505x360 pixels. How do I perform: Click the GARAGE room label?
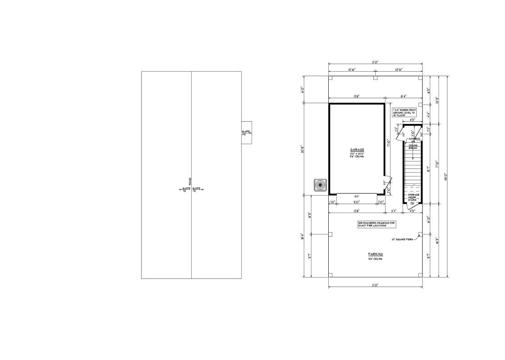pos(357,150)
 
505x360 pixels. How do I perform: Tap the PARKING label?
pos(375,255)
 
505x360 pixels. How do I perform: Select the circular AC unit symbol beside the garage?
pos(321,185)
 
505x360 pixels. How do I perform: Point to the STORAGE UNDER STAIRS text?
pos(413,197)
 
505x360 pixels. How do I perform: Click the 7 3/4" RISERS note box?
pos(404,113)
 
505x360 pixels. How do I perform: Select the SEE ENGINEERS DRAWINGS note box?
pos(376,224)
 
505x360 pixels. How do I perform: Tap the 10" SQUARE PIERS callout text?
pos(402,239)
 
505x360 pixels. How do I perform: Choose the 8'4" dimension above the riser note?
pos(403,96)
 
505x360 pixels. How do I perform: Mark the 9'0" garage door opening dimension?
pos(356,203)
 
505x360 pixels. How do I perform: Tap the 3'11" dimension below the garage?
pos(394,211)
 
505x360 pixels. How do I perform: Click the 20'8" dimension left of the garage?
pos(303,149)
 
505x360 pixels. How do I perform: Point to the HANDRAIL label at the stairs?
pos(414,139)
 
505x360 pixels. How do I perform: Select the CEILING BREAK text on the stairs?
pos(413,146)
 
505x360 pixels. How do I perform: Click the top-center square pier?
pos(375,78)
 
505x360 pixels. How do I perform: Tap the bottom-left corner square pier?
pos(331,275)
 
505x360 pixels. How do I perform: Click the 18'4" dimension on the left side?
pos(303,236)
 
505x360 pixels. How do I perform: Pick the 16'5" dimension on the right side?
pos(437,240)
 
